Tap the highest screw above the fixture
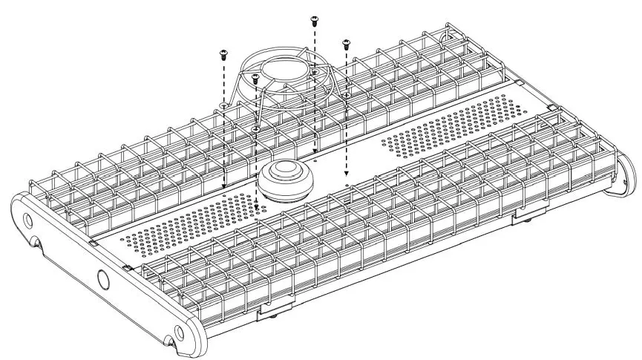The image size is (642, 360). (x=313, y=18)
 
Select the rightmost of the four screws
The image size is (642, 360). (x=345, y=43)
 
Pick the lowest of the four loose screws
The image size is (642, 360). (x=254, y=76)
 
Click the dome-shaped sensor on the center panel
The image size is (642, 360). (x=286, y=179)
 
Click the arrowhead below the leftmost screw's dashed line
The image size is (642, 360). (x=223, y=185)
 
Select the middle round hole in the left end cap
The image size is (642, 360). (x=102, y=279)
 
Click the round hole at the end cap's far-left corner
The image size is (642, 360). (x=27, y=221)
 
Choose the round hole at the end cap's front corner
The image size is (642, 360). (x=178, y=330)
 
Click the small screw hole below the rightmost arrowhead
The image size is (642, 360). (x=347, y=180)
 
